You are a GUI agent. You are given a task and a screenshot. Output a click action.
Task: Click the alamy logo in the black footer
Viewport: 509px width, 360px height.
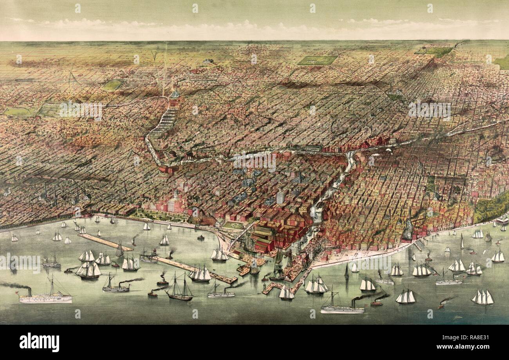point(39,342)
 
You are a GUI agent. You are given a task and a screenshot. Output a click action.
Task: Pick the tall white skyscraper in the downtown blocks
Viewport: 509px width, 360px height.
point(280,197)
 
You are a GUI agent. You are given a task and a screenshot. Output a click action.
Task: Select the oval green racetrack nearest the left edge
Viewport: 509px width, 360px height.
point(18,112)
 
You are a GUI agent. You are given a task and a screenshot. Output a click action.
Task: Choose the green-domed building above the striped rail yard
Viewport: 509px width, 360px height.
point(175,94)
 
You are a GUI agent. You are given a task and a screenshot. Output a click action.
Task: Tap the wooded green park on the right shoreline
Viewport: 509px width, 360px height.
point(491,208)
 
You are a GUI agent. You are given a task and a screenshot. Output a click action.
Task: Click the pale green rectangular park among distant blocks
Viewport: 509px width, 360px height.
point(317,60)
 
